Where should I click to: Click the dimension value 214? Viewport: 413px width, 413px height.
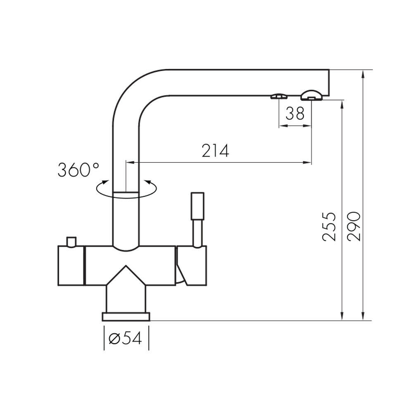(215, 151)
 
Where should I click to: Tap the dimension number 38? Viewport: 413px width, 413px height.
(295, 114)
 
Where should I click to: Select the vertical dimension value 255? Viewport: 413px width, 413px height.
(329, 226)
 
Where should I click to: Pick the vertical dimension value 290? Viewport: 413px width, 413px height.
(354, 226)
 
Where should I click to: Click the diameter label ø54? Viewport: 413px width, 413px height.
(126, 338)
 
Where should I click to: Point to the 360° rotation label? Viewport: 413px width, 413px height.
(78, 170)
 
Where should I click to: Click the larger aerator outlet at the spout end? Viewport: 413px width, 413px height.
(311, 95)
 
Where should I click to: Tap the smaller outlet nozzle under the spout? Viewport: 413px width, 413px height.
(279, 96)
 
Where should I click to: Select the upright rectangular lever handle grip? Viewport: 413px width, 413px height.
(197, 206)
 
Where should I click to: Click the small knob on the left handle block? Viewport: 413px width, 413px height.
(71, 242)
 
